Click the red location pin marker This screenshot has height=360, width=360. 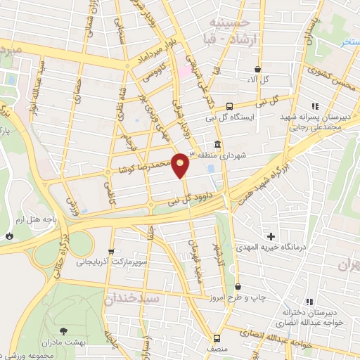(x=181, y=164)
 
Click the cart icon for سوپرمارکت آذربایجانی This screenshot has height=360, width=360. (x=110, y=251)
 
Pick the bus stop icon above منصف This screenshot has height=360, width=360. (x=217, y=336)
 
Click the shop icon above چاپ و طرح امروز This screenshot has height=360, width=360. (x=238, y=287)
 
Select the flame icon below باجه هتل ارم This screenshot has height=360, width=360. (x=9, y=236)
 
